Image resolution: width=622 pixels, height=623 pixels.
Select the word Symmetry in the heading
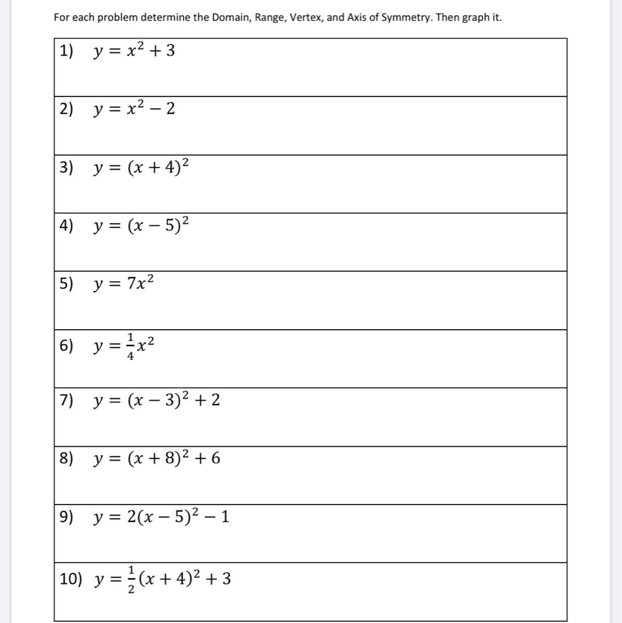(406, 18)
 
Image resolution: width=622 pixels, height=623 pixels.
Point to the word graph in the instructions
(475, 18)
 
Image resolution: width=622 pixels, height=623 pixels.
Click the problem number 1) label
(66, 51)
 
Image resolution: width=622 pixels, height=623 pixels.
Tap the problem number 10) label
(71, 579)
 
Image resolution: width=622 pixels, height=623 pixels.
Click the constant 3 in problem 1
(170, 51)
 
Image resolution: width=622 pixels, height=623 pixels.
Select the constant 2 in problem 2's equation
(170, 109)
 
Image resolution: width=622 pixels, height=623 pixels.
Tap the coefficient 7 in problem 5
(132, 284)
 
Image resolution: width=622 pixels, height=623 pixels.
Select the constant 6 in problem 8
(215, 458)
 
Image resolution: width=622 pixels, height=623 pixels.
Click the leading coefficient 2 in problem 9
(132, 517)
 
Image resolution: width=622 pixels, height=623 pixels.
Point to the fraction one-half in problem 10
(131, 579)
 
